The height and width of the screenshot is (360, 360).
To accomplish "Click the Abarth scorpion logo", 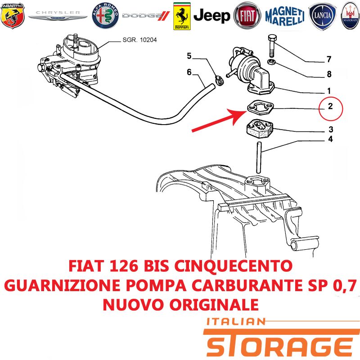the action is coord(13,16).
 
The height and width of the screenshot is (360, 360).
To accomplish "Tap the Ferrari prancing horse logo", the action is coord(182,16).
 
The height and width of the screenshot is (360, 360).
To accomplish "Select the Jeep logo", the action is coord(211,16).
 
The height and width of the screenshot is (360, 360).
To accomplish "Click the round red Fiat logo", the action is coord(247,16).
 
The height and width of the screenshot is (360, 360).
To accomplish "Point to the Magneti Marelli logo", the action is coord(285,16).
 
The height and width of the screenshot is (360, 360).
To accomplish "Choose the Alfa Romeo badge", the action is coord(105,16).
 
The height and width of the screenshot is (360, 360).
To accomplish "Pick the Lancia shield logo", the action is coord(322,16).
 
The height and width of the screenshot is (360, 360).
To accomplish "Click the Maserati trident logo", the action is coord(351,16).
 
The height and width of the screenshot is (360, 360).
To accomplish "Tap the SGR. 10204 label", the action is coord(139,40).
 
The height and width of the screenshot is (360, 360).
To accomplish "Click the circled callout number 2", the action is coord(331,109).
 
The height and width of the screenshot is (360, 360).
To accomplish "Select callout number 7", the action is coord(329,59).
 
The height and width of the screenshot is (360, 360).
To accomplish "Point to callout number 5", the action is coord(189,56).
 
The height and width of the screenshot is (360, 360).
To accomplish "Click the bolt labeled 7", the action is coord(272,46).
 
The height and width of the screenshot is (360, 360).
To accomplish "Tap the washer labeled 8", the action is coord(272,62).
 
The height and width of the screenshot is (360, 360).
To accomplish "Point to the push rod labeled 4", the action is coord(259,157).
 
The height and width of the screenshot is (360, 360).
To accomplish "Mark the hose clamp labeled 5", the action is coord(219,81).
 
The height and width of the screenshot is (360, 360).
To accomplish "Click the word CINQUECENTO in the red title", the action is coord(233,266).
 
